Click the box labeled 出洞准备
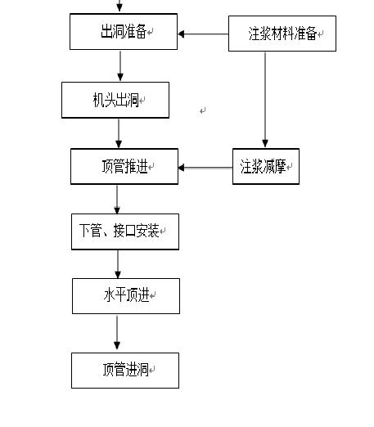coord(123,32)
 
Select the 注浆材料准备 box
coord(282,34)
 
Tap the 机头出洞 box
coord(115,100)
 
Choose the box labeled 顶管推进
coord(124,166)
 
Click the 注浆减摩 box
coord(265,166)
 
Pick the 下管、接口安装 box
coord(124,231)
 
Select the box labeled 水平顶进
coord(125,295)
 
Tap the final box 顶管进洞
coord(124,370)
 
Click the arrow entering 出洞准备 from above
coord(120,7)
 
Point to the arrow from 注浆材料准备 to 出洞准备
coord(203,34)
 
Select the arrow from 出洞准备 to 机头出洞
coord(120,65)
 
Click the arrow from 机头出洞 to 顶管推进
coord(119,133)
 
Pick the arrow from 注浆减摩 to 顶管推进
coord(205,168)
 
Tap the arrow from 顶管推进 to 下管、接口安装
coord(117,199)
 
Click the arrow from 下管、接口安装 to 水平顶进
coord(117,263)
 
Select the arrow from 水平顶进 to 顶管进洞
coord(117,333)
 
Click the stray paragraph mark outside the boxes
coord(202,110)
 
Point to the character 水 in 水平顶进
coord(108,295)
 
